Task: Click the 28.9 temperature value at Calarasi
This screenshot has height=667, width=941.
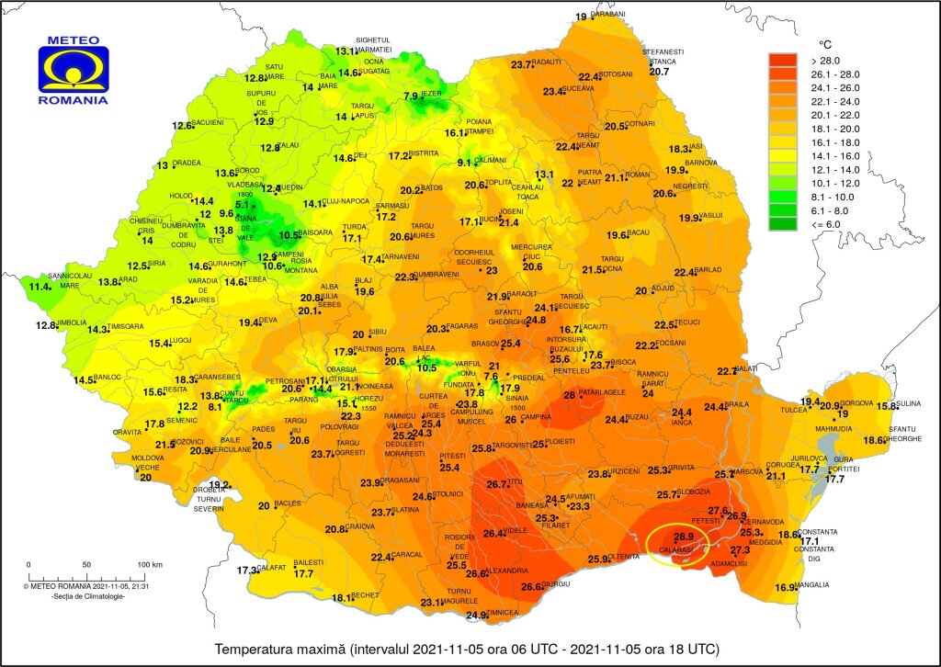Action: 683,537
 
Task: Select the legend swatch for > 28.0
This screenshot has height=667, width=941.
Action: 783,61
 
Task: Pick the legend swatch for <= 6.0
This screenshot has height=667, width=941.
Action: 783,222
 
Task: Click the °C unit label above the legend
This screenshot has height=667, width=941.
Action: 825,44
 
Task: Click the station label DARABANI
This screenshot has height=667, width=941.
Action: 607,15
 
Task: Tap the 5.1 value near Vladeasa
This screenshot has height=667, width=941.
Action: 243,205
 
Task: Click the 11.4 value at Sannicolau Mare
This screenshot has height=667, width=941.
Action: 39,287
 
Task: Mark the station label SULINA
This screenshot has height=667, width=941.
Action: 910,404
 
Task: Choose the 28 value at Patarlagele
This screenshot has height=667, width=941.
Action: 569,395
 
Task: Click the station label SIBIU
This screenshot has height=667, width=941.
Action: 378,333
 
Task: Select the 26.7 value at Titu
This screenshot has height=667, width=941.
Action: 497,484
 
